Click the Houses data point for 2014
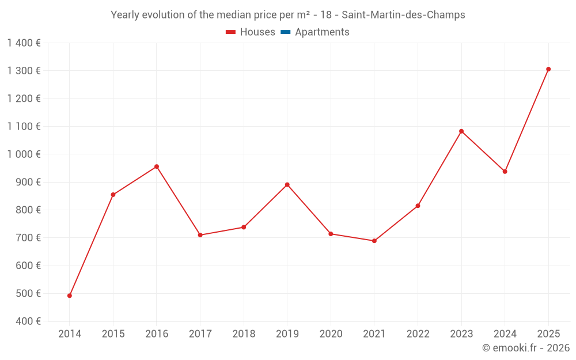tap(70, 295)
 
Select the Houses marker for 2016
tap(157, 166)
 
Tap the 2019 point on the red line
tap(287, 185)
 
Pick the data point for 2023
tap(461, 131)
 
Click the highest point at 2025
tap(548, 69)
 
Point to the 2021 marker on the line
tap(374, 241)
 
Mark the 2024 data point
tap(505, 172)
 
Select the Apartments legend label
tap(322, 32)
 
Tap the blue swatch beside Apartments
tap(285, 32)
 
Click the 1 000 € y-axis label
tap(24, 154)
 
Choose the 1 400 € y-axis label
tap(24, 43)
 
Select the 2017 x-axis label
tap(200, 334)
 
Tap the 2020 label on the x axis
tap(331, 334)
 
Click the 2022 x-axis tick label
tap(418, 334)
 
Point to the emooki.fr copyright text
tap(525, 348)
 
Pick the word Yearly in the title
tap(126, 15)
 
